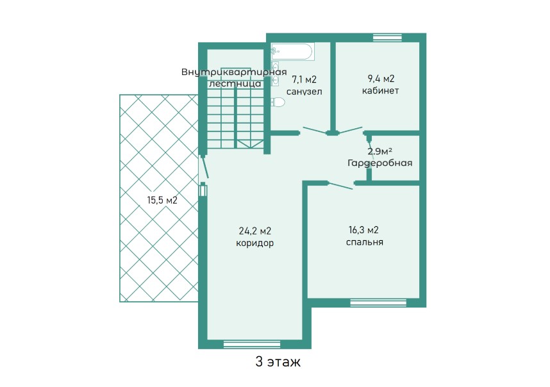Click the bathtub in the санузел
[x=292, y=52]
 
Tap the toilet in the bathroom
[x=278, y=102]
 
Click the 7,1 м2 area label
[x=304, y=80]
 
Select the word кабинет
[x=380, y=91]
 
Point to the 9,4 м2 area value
[x=380, y=79]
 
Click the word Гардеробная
[x=380, y=163]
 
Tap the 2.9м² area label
[x=380, y=151]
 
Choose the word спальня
[x=365, y=242]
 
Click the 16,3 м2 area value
[x=363, y=230]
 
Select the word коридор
[x=254, y=243]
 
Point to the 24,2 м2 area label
[x=255, y=231]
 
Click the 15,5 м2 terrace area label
[x=162, y=201]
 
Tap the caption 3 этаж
[x=278, y=362]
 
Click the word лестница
[x=235, y=84]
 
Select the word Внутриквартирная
[x=234, y=72]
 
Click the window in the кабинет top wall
[x=387, y=37]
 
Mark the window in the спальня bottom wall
[x=378, y=302]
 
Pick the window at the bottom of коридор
[x=252, y=344]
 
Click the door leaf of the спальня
[x=340, y=186]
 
